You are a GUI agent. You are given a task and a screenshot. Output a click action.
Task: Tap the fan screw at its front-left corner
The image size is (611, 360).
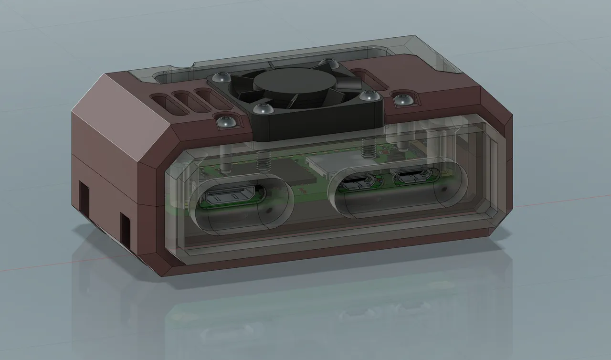261,108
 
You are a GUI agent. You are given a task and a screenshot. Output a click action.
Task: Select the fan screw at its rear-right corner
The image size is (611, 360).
329,63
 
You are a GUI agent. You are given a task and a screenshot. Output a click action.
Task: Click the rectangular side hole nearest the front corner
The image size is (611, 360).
126,231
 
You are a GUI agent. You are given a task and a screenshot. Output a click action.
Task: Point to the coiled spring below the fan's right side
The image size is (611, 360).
368,149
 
